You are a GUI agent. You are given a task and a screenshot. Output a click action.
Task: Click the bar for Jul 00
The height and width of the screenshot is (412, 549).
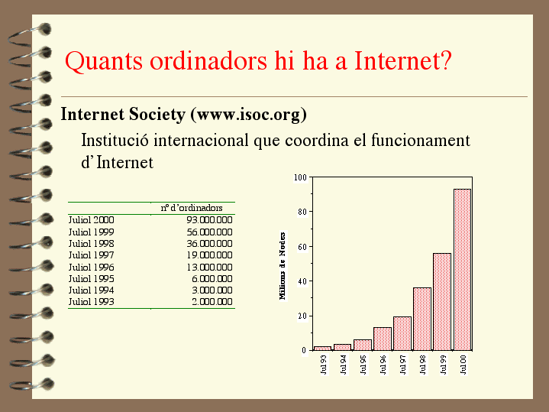(462, 269)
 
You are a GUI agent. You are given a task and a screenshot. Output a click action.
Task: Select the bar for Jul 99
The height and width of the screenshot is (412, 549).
(442, 302)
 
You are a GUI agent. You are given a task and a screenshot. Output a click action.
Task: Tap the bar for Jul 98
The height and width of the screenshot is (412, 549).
(422, 319)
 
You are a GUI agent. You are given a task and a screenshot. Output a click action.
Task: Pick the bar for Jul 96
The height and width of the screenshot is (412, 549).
(383, 339)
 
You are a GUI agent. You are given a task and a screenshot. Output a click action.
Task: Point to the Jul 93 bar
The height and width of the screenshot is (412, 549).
(322, 349)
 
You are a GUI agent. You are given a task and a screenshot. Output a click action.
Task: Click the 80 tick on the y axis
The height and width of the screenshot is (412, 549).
(302, 212)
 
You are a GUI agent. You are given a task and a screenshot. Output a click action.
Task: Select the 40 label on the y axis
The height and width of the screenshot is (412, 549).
(302, 281)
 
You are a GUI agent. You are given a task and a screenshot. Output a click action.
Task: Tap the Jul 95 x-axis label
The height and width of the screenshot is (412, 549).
(363, 365)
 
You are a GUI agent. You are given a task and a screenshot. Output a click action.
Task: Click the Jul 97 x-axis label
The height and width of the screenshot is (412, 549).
(402, 365)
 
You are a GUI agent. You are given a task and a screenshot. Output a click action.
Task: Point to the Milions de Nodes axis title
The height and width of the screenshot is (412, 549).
(283, 266)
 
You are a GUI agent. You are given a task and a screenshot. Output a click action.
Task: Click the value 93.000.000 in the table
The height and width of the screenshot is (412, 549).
(209, 220)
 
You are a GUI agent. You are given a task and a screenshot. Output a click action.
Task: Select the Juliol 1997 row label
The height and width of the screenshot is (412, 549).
(91, 255)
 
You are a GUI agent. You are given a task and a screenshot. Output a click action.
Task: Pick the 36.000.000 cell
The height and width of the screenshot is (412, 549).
(209, 243)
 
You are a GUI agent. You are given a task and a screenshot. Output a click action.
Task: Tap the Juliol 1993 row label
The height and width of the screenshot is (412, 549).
(91, 302)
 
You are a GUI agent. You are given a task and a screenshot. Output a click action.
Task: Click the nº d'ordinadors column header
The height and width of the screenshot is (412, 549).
(192, 208)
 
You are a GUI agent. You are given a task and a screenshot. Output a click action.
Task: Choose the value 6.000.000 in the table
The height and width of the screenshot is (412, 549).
(212, 278)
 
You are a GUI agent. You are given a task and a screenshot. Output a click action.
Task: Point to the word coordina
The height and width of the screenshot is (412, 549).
(317, 141)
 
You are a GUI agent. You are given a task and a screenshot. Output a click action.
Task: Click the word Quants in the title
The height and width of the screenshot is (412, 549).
(104, 61)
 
